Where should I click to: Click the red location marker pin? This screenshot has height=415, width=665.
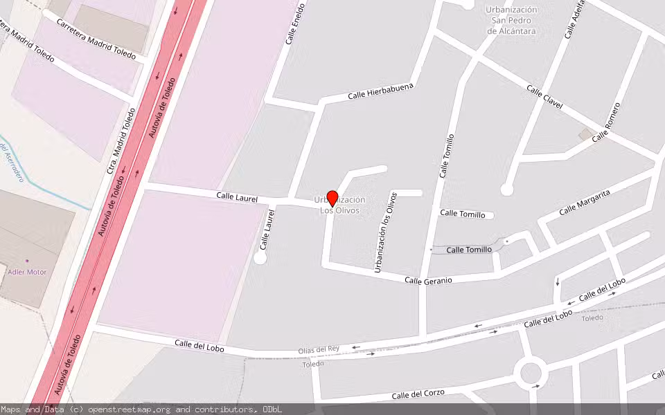[332, 198]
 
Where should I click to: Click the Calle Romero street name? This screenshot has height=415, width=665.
[606, 122]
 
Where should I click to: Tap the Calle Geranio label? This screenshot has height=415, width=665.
[428, 280]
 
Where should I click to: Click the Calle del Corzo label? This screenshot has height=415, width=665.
[417, 395]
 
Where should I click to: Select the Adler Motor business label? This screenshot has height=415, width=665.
[26, 272]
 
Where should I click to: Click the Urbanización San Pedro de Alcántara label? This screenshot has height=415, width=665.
[511, 20]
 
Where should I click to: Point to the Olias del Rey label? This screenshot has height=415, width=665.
[319, 350]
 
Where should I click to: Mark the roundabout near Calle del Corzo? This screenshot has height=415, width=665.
[531, 374]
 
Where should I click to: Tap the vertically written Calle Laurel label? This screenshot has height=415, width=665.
[267, 230]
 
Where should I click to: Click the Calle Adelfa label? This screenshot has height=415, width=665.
[576, 20]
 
